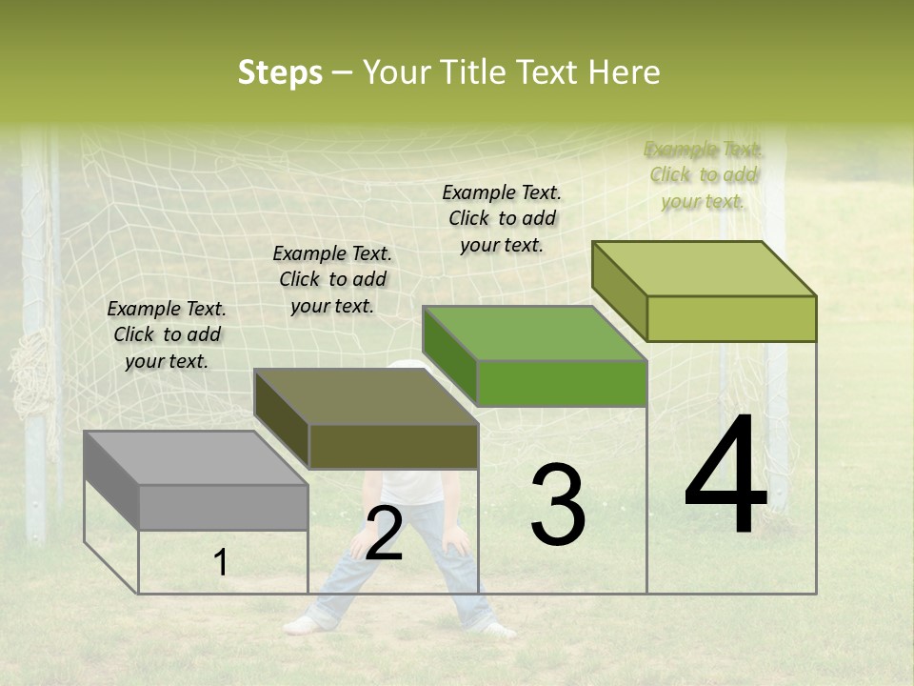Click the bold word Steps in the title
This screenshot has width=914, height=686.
280,72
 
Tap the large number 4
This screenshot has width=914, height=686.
725,476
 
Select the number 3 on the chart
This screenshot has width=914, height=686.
558,505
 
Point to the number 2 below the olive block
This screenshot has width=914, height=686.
384,534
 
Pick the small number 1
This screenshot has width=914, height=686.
221,563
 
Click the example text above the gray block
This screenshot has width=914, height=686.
167,334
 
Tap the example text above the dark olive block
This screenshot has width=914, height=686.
332,279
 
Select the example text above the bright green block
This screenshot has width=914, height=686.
502,218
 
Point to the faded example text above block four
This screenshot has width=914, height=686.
704,174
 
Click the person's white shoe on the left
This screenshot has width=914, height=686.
301,625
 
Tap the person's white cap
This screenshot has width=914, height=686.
407,365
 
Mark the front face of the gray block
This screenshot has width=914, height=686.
224,507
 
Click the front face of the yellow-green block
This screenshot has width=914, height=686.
731,318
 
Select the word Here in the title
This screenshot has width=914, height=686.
625,72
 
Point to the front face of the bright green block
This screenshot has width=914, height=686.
562,383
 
